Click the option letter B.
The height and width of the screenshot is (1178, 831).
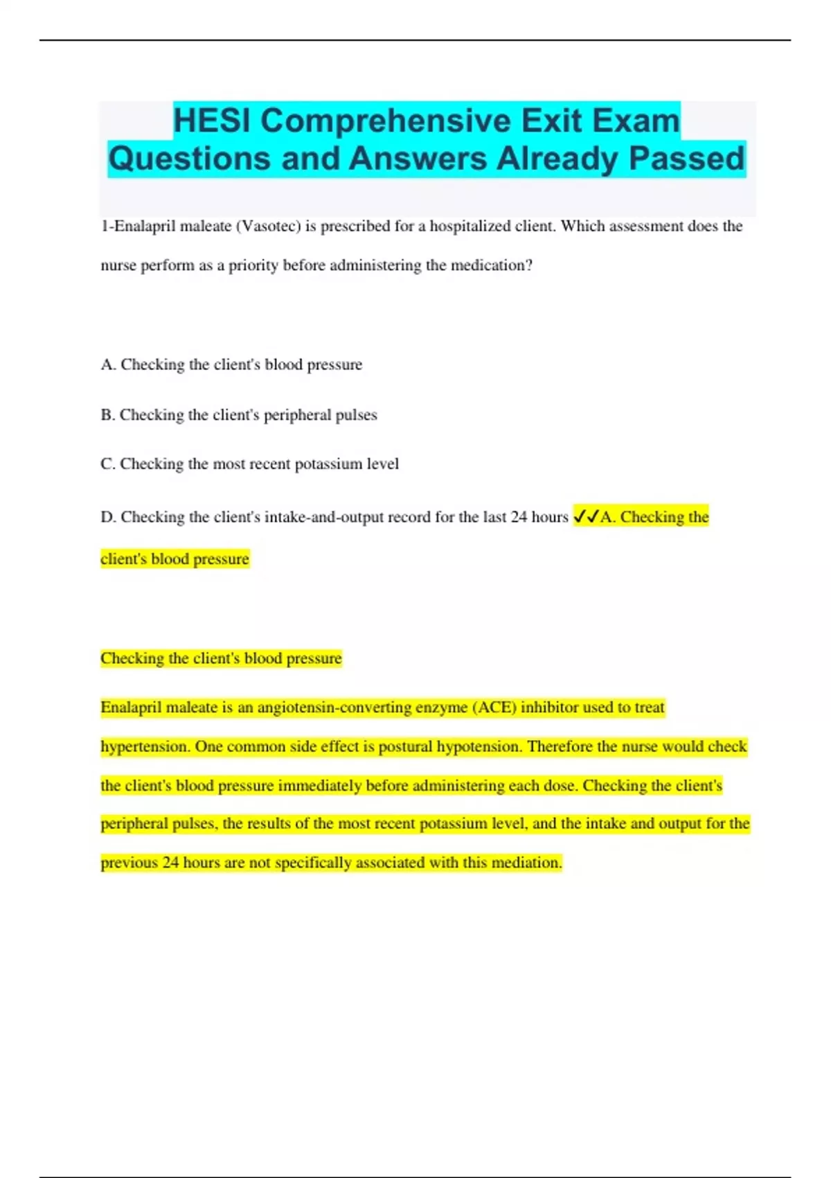[x=107, y=415]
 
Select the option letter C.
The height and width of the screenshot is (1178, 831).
[x=107, y=464]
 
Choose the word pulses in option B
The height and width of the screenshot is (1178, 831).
[x=357, y=415]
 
